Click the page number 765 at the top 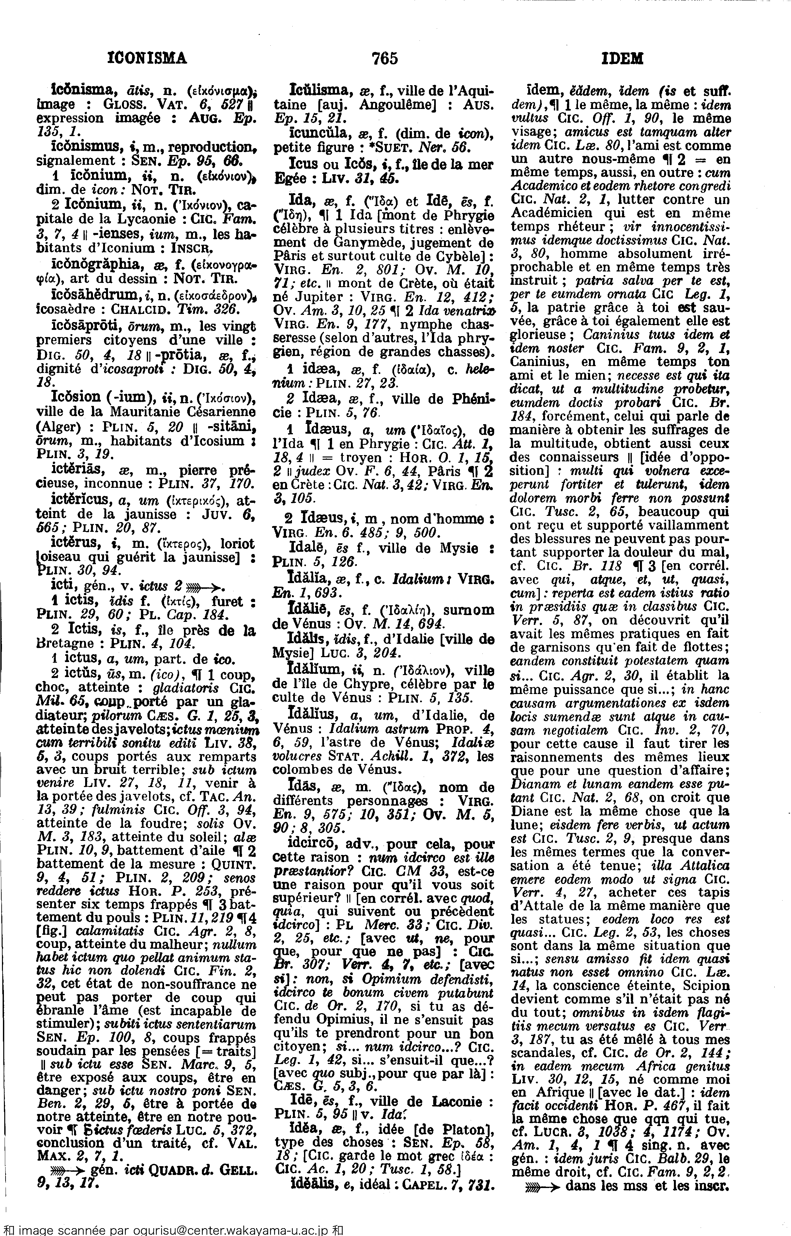(x=384, y=58)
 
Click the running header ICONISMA (x=147, y=58)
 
